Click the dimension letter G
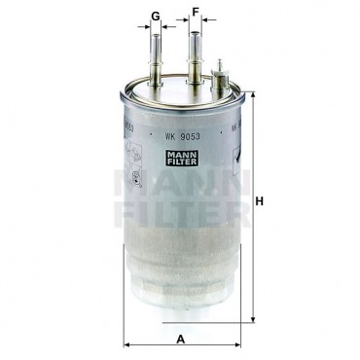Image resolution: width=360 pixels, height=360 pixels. point(156,16)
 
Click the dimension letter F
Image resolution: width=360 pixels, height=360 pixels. point(195,12)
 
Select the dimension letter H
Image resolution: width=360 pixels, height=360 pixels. point(259,201)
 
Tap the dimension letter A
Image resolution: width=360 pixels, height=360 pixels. point(181,340)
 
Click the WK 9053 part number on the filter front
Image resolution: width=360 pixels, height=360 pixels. point(182,136)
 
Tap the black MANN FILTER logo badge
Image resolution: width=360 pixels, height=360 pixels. point(182,157)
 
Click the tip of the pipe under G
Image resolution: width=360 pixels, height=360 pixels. point(156,35)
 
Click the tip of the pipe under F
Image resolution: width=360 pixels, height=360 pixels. point(195,32)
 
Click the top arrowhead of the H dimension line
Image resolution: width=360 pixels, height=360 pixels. point(254,95)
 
